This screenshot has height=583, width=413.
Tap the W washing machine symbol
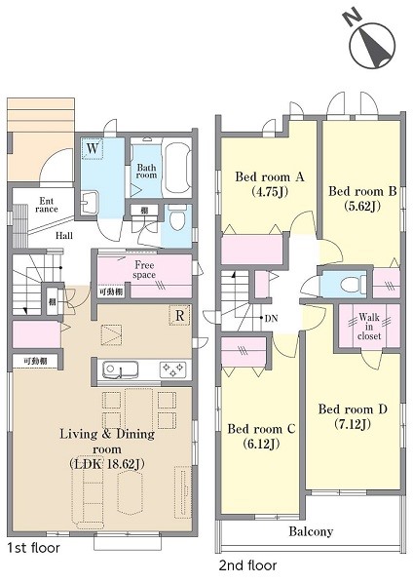tap(93, 149)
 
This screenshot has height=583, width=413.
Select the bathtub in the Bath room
tap(177, 169)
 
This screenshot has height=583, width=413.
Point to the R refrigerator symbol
tap(180, 316)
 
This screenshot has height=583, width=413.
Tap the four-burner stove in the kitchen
tap(172, 369)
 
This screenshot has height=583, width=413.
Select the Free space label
tap(144, 270)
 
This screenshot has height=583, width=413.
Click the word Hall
tap(64, 235)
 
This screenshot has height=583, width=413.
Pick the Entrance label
tap(47, 205)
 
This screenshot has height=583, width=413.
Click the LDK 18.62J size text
tap(106, 464)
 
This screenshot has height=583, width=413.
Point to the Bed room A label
tap(270, 176)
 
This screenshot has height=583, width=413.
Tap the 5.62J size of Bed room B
tap(362, 206)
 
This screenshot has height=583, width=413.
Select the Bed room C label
tap(261, 429)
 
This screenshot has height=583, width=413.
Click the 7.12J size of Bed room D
tap(353, 424)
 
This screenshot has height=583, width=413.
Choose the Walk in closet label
tap(369, 327)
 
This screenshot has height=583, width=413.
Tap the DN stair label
tap(271, 318)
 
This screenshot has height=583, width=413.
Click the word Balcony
tap(311, 531)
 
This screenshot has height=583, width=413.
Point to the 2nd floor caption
tap(247, 565)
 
